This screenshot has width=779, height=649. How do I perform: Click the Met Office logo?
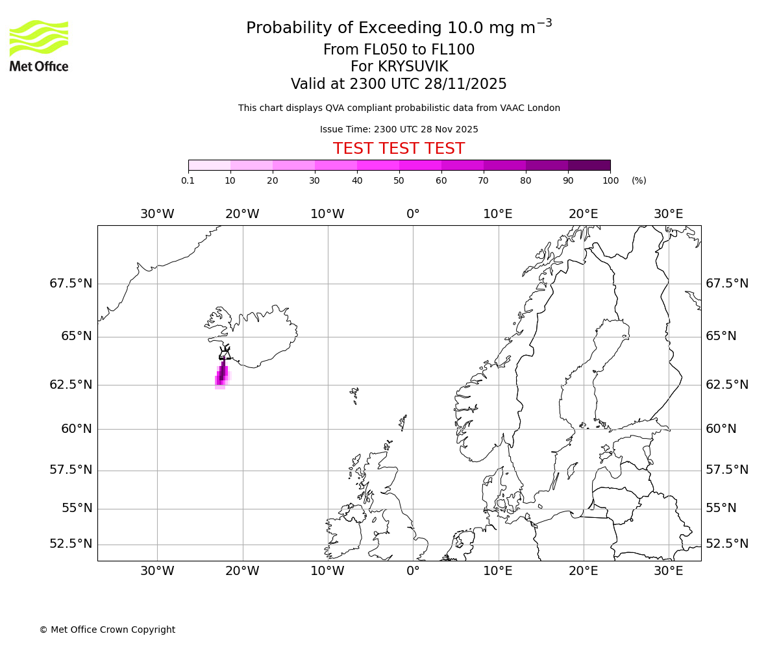[39, 45]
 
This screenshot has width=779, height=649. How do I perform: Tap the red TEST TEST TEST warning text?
[399, 149]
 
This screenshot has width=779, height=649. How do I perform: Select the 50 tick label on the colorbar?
[399, 180]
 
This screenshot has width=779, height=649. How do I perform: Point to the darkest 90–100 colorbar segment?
[589, 165]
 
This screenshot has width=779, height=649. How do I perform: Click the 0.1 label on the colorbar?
[188, 180]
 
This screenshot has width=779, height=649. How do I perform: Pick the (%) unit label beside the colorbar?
[639, 180]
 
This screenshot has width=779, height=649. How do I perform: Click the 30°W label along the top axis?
[157, 214]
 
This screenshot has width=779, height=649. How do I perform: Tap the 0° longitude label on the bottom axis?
[413, 571]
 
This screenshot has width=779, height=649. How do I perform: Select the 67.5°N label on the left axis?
[71, 284]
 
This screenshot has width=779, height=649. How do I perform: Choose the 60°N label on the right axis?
[721, 429]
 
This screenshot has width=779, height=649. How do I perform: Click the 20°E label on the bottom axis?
[583, 571]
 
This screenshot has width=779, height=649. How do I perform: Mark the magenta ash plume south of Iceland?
[222, 375]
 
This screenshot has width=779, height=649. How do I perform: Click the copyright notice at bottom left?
[107, 630]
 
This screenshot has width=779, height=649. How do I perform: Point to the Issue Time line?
[399, 129]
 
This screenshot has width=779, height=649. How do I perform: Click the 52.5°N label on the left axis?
[71, 544]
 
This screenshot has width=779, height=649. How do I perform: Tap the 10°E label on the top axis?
[498, 214]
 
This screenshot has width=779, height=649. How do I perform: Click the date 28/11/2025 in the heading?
[466, 84]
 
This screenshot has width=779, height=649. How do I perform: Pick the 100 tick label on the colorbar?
[610, 180]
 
